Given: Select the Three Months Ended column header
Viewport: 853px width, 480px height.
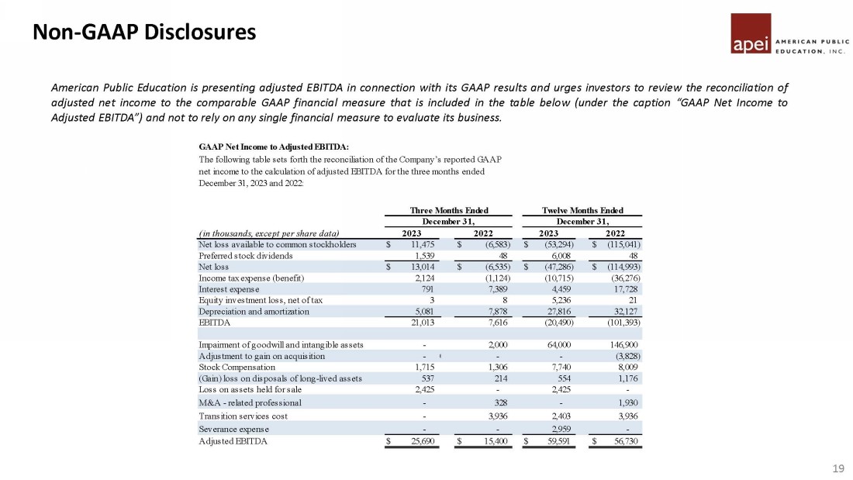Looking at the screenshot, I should tap(448, 210).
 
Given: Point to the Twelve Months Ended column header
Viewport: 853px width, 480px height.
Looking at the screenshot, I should tap(583, 210).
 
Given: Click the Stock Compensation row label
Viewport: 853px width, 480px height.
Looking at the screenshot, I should tap(237, 367).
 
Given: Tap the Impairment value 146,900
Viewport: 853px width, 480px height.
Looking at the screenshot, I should tap(626, 344).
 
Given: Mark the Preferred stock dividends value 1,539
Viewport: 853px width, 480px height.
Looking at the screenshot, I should tap(423, 255).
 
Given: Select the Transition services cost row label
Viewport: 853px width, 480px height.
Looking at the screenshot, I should tap(243, 416).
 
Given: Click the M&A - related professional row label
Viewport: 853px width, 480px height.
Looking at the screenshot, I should tap(250, 402).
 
